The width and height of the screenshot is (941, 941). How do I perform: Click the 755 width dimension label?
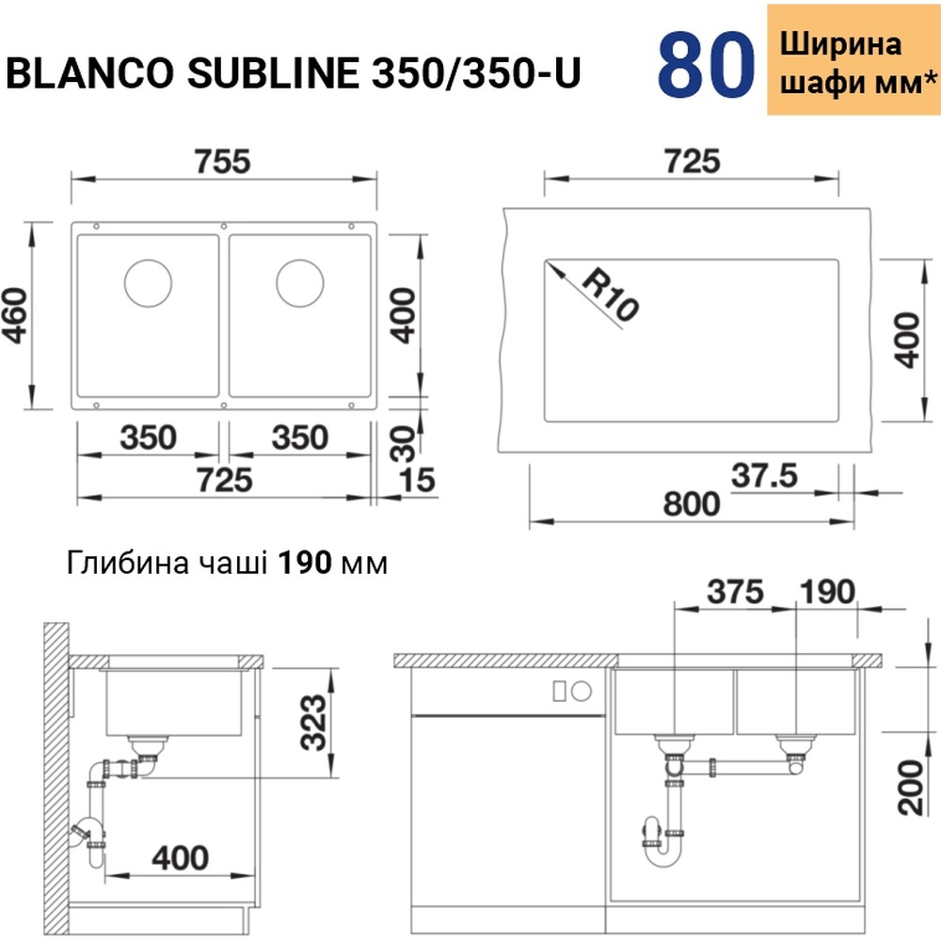tap(224, 161)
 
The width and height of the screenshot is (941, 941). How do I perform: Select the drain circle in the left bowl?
tap(149, 280)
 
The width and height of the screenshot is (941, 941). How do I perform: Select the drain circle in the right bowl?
tap(300, 280)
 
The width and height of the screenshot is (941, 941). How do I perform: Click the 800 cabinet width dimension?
tap(692, 503)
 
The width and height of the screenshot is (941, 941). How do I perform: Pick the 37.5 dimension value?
tap(763, 476)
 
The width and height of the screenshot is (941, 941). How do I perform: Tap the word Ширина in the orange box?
tap(841, 43)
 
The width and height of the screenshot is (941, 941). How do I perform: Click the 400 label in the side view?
tap(178, 857)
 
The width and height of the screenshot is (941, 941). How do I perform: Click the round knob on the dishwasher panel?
tap(582, 691)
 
